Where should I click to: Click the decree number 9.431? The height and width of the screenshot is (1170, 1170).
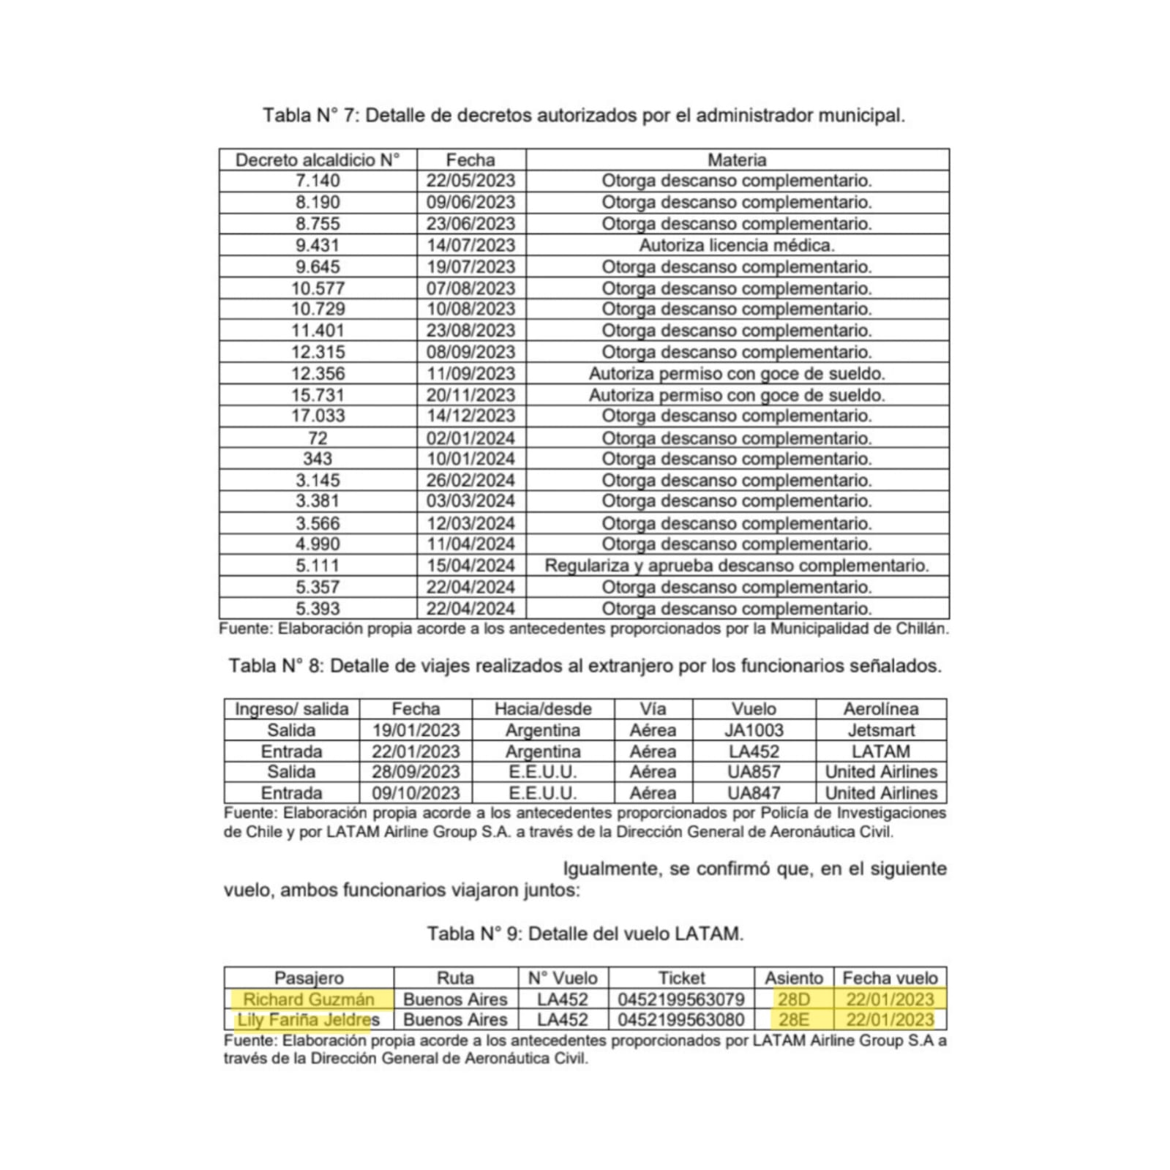point(318,245)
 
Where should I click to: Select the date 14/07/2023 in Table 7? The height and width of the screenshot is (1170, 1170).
point(470,245)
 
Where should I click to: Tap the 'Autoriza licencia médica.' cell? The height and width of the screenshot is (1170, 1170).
point(737,245)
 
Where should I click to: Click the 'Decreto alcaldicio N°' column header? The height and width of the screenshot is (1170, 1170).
point(318,160)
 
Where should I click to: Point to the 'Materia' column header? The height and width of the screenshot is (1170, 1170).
point(737,160)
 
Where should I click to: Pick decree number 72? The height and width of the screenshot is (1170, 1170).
point(318,438)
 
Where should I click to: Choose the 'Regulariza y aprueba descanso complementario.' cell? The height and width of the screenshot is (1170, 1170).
point(737,566)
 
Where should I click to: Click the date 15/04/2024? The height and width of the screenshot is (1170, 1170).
point(470,566)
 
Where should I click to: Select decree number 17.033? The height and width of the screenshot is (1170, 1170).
point(318,416)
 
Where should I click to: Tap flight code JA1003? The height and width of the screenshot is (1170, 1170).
point(754,730)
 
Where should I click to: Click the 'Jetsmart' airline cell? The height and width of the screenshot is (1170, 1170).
point(881,730)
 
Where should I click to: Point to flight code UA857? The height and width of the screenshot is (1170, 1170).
point(754,772)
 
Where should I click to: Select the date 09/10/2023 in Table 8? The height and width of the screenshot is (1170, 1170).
point(416,793)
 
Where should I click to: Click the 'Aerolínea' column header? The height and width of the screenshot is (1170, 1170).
point(881,709)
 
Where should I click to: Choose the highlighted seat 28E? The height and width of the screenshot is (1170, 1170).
point(794,1020)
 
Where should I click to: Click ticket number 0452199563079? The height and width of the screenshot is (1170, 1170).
point(681,1000)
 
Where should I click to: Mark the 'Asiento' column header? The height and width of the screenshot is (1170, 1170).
point(794,978)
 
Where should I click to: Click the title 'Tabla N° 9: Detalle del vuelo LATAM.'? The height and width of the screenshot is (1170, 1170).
point(585,934)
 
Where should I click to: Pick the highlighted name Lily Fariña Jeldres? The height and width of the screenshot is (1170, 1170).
point(308,1020)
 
